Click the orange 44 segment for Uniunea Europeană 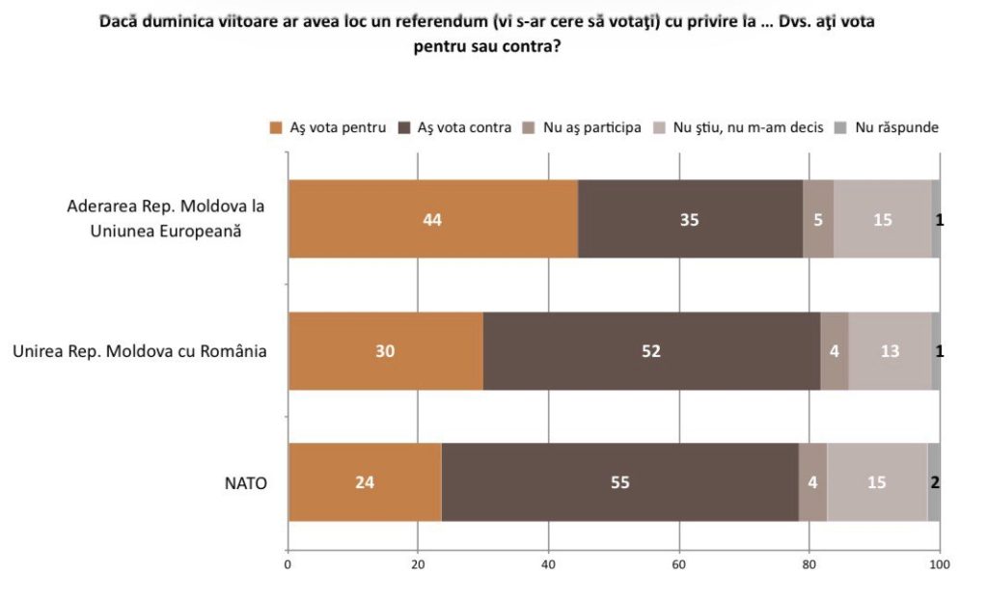coord(432,219)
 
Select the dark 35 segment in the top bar coord(689,219)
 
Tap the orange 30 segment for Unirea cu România coord(386,351)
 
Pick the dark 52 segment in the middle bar coord(651,351)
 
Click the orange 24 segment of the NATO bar coord(365,482)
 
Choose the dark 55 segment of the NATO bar coord(619,482)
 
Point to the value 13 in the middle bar coord(890,351)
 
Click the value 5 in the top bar coord(818,219)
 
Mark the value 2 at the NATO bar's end coord(935,482)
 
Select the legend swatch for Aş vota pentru coord(276,127)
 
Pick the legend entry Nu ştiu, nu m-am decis coord(748,127)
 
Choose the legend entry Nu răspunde coord(896,127)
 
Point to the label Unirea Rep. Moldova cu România coord(139,351)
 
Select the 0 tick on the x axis coord(288,564)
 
